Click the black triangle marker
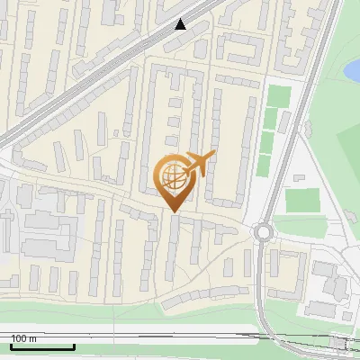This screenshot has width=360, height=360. (x=181, y=24)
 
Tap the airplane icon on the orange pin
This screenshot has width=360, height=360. (x=197, y=164)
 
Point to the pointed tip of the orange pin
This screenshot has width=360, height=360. (x=173, y=211)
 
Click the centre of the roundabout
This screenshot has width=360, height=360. (x=263, y=232)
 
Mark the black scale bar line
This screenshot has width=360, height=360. (x=41, y=346)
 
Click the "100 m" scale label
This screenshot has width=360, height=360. (x=23, y=338)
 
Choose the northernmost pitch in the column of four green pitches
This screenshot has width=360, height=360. (x=277, y=94)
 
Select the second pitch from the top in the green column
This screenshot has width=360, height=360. (x=273, y=118)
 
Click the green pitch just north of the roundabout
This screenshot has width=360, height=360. (x=304, y=200)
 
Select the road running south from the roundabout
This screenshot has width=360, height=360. (x=261, y=288)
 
